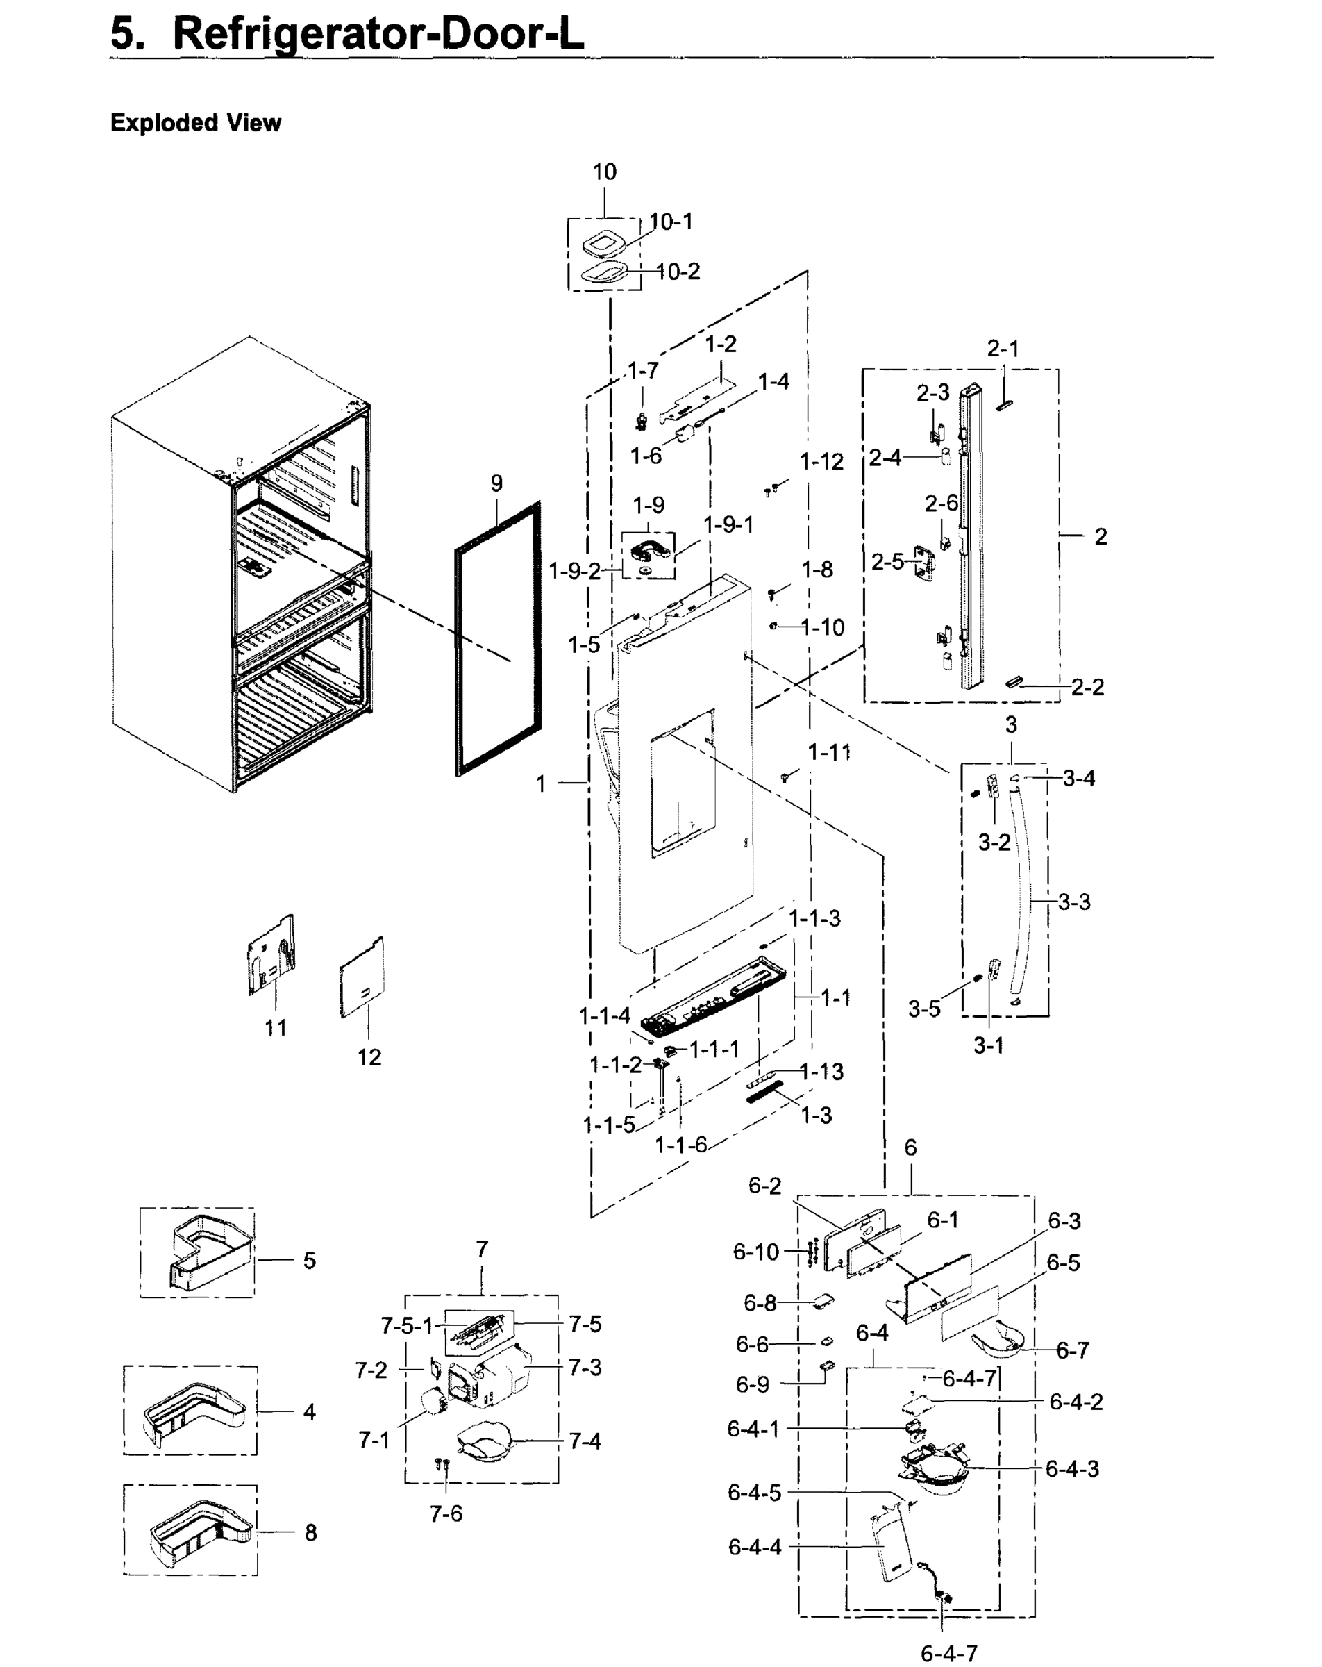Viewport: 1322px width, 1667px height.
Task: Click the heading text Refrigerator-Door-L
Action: point(377,34)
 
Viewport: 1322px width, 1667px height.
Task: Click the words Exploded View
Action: point(196,123)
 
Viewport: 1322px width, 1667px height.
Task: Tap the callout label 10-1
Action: point(671,222)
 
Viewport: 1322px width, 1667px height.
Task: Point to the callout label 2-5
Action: point(887,562)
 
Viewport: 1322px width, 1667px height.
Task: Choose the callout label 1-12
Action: point(821,462)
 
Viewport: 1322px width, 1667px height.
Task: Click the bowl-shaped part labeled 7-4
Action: point(484,1443)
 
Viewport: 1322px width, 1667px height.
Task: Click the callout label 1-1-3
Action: point(814,918)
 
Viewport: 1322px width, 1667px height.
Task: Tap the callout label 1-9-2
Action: point(574,572)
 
